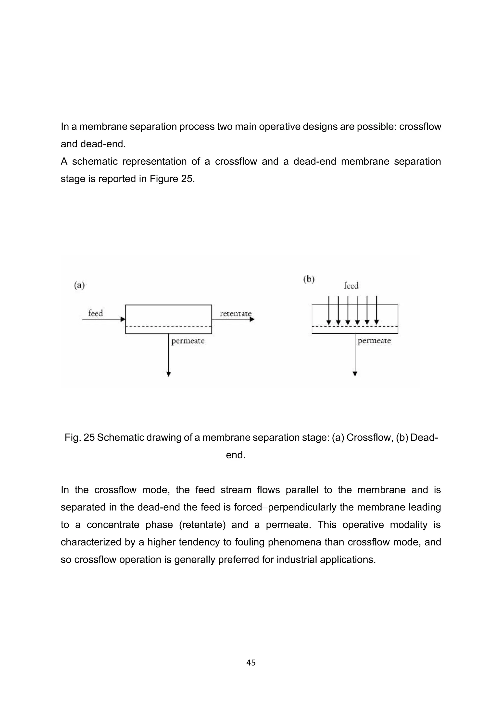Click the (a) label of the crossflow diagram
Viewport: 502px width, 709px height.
pyautogui.click(x=79, y=285)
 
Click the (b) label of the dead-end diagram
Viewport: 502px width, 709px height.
pyautogui.click(x=309, y=279)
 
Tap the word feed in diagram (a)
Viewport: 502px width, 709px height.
pyautogui.click(x=96, y=313)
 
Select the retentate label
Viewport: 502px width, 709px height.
pyautogui.click(x=236, y=314)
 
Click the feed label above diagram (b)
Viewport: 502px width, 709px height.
pyautogui.click(x=351, y=286)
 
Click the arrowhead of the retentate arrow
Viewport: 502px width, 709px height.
pyautogui.click(x=252, y=319)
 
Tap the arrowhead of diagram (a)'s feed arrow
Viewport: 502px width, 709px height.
pyautogui.click(x=123, y=319)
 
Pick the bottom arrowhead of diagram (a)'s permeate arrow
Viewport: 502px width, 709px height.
pyautogui.click(x=168, y=374)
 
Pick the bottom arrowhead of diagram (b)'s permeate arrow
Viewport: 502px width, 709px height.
pyautogui.click(x=355, y=374)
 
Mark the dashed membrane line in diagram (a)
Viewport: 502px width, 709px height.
pyautogui.click(x=168, y=326)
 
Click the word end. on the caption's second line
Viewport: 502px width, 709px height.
pyautogui.click(x=236, y=455)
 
